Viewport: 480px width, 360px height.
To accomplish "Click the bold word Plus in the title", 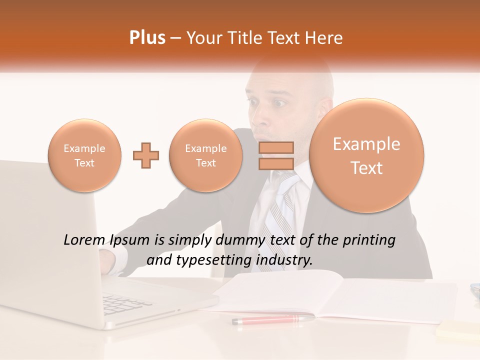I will point(147,38).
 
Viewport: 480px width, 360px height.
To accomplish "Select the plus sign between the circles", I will point(146,155).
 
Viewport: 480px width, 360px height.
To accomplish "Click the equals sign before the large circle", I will point(275,155).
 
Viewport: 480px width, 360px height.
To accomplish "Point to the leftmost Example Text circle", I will point(84,155).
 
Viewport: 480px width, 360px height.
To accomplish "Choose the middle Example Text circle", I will point(206,155).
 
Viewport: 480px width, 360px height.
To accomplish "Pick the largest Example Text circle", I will point(366,155).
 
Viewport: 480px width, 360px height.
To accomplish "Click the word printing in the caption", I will point(369,240).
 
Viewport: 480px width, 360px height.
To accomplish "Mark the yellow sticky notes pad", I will point(457,330).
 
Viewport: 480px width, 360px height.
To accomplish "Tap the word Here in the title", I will point(325,38).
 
